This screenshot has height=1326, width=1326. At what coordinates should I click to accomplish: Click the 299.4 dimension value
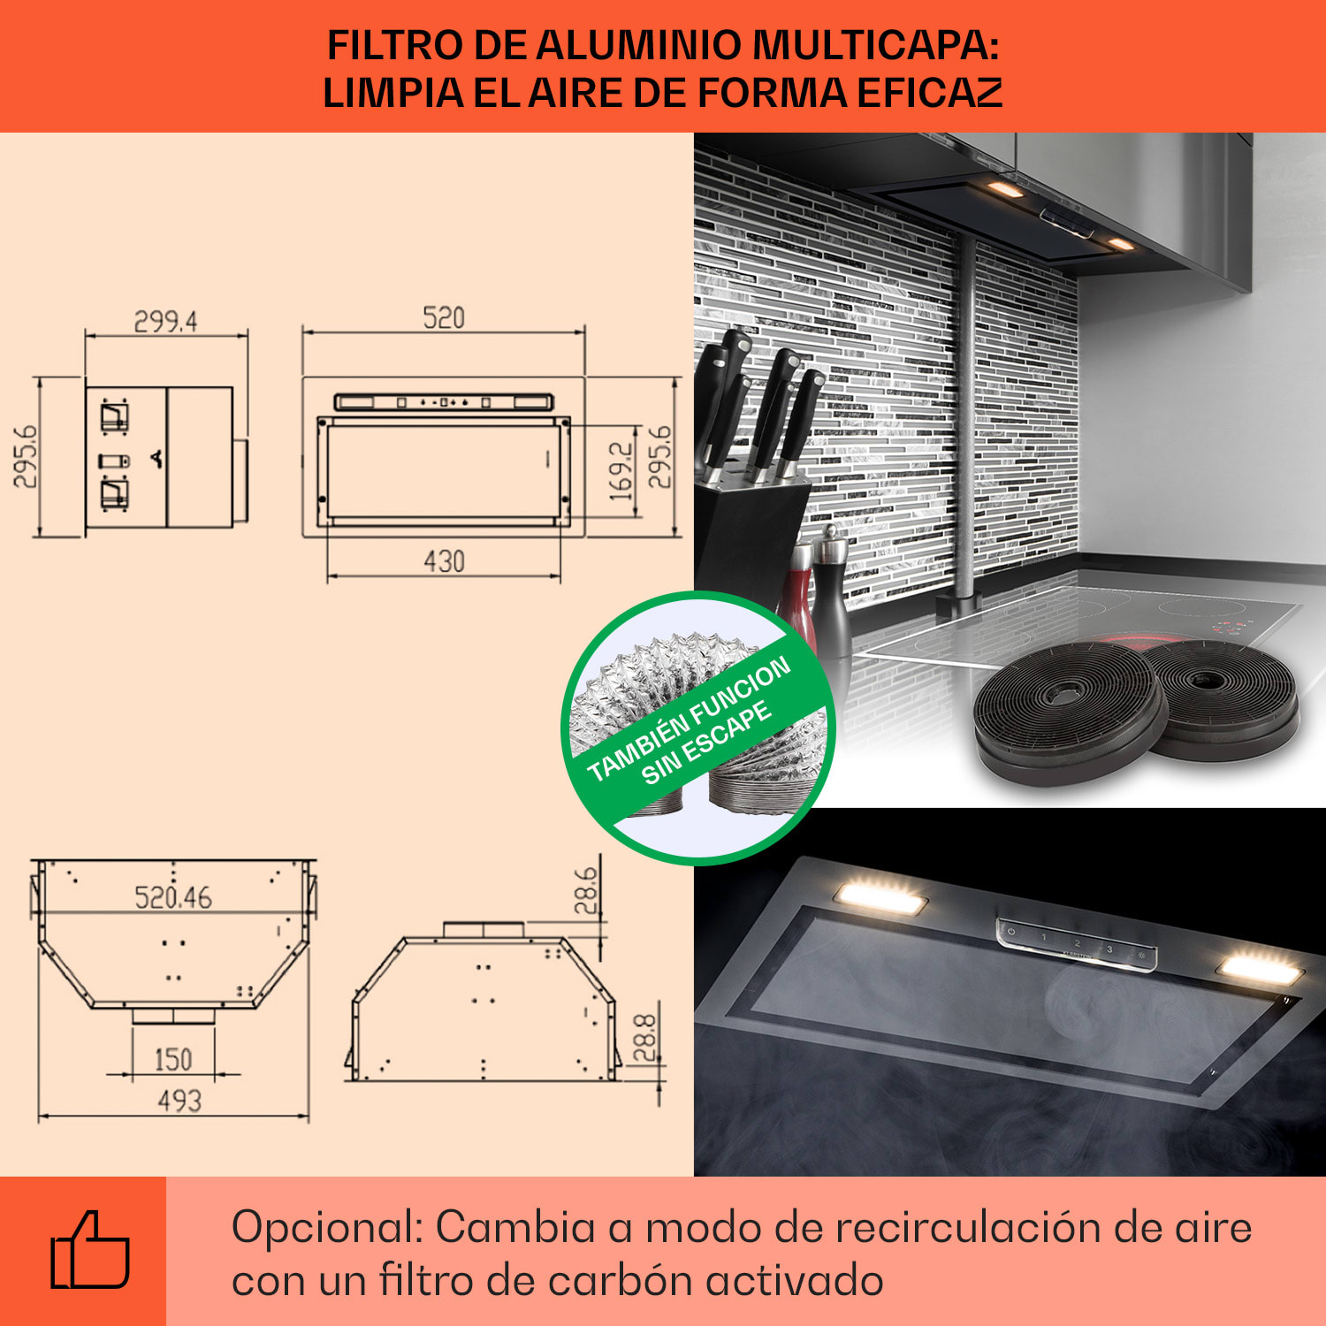(x=165, y=322)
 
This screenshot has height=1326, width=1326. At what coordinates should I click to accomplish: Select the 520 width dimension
(x=444, y=318)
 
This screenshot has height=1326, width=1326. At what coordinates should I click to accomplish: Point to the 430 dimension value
(x=444, y=562)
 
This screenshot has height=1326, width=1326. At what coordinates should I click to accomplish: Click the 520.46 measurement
(x=173, y=898)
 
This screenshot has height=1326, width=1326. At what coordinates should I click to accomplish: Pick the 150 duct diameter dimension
(x=173, y=1059)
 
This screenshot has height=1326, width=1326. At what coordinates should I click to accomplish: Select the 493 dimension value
(x=179, y=1101)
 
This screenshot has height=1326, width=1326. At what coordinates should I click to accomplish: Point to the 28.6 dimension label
(x=585, y=890)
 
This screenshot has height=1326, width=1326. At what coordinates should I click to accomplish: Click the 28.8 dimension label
(x=645, y=1037)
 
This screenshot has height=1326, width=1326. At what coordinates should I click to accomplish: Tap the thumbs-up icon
(x=89, y=1252)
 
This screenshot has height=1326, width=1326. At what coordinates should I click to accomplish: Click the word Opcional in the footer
(x=327, y=1227)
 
